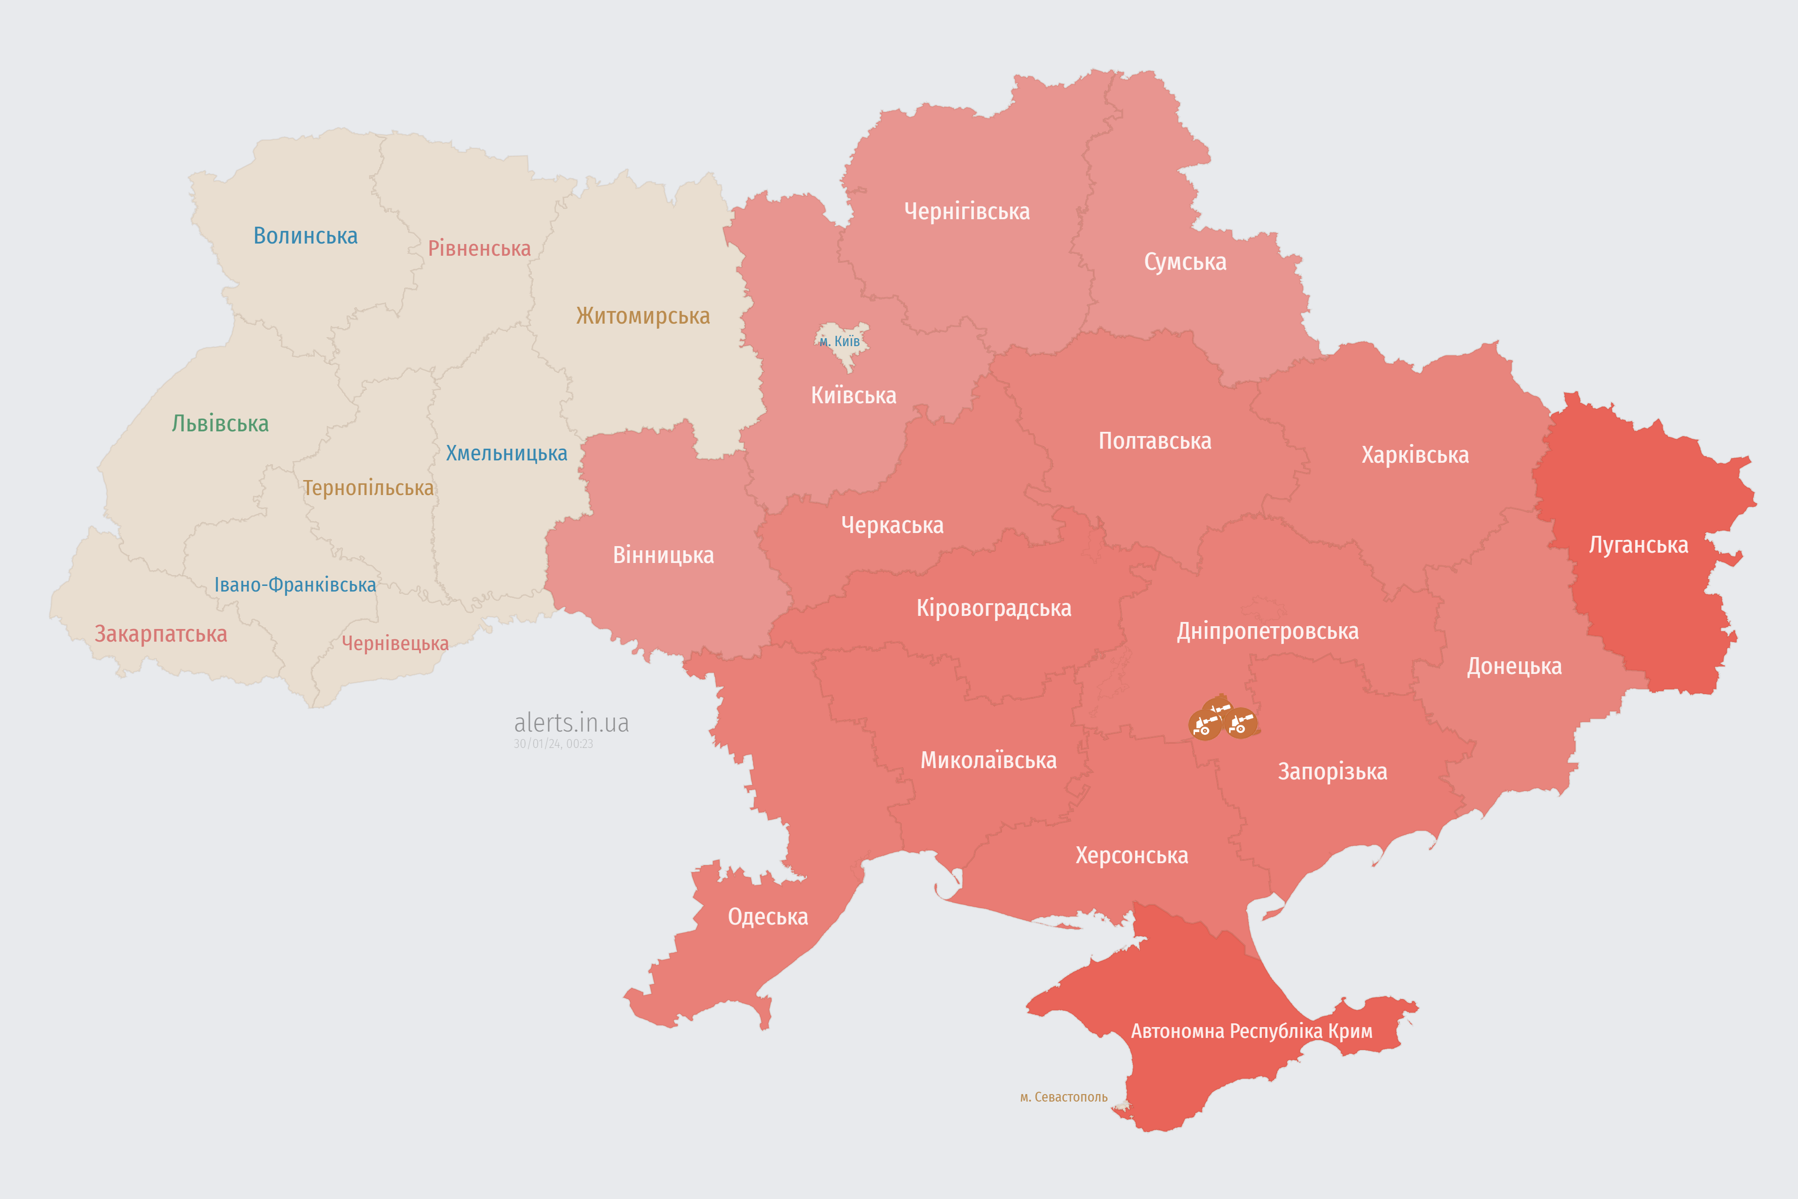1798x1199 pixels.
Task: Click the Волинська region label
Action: point(305,236)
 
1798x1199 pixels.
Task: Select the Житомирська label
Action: point(643,316)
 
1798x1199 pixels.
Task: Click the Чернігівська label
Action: point(966,211)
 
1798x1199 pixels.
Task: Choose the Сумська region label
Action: point(1185,262)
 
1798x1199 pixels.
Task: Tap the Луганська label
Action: point(1638,545)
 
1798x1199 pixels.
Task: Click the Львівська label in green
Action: point(220,423)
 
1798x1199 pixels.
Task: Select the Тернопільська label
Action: point(368,488)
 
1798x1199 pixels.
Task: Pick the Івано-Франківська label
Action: point(295,585)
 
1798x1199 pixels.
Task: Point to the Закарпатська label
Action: point(161,634)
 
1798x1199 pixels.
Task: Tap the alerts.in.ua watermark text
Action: point(571,723)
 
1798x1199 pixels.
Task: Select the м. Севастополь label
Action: point(1063,1097)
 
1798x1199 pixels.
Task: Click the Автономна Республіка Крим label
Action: point(1252,1031)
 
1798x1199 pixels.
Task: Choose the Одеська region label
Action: point(767,917)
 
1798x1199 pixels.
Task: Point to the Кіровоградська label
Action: point(994,609)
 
